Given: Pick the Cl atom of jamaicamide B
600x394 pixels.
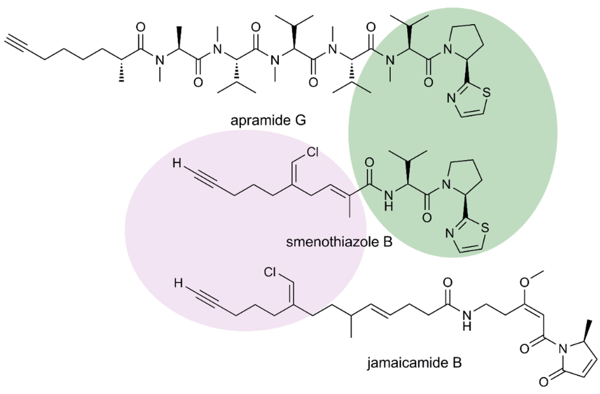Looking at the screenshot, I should tap(271, 272).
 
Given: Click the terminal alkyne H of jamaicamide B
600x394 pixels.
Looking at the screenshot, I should tap(178, 284).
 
